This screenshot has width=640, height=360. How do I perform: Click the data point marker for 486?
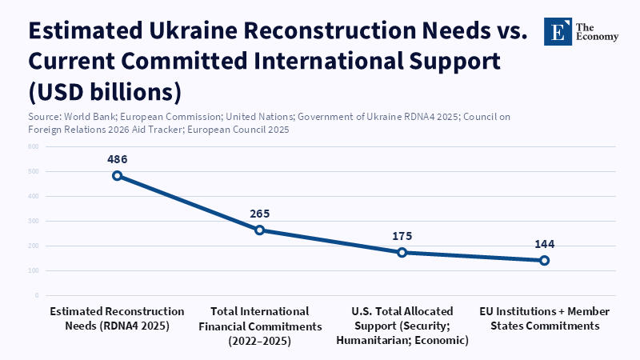(117, 175)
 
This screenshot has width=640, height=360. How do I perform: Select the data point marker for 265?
(259, 230)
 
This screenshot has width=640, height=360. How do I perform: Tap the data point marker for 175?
(402, 252)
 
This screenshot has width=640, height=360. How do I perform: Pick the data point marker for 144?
(544, 260)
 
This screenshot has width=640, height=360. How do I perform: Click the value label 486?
(117, 159)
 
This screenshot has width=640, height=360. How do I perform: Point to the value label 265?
(259, 214)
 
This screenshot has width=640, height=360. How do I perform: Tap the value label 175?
(402, 236)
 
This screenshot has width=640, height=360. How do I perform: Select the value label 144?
(544, 244)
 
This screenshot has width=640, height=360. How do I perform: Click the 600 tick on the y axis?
(33, 147)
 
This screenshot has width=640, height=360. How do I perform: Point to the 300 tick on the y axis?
(33, 222)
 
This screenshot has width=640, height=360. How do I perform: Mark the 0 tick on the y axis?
(36, 296)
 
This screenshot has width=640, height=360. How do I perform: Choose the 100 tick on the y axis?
(33, 271)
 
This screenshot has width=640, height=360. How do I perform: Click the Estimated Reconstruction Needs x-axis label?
(117, 318)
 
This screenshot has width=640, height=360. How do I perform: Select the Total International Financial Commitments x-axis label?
(259, 326)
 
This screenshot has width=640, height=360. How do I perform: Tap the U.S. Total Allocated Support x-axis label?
(402, 326)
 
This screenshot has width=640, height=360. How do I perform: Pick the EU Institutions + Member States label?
(544, 318)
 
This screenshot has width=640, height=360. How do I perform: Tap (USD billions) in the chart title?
(105, 90)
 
